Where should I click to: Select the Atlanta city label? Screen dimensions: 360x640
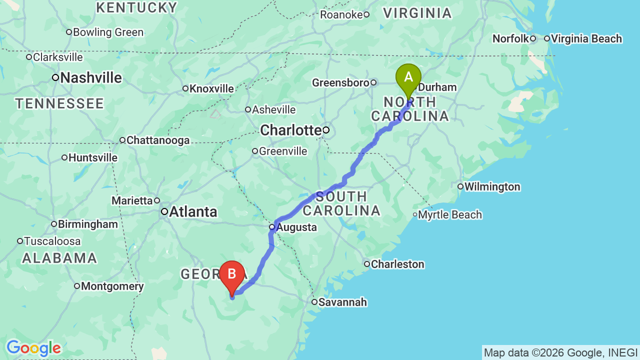pos(193,212)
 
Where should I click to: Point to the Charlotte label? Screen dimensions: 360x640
pos(290,130)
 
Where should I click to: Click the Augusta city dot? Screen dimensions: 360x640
pos(272,227)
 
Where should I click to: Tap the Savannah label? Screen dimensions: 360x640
pos(342,302)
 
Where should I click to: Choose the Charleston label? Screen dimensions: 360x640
pos(397,264)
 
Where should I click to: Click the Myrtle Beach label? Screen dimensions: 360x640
pos(450,215)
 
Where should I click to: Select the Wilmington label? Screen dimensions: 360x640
pos(492,187)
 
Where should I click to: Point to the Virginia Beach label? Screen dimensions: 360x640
pos(586,38)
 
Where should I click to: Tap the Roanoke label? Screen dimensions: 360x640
pos(341,15)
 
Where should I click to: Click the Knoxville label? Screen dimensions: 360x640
pos(211,89)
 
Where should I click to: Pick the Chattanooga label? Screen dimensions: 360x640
pos(158,140)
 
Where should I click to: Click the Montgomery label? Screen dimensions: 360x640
pos(112,286)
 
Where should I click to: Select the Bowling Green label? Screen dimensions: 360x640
pos(108,32)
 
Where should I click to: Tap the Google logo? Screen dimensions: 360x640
pos(33,348)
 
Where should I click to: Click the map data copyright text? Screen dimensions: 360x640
pos(560,353)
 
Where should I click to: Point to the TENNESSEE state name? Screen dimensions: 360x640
pos(59,104)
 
